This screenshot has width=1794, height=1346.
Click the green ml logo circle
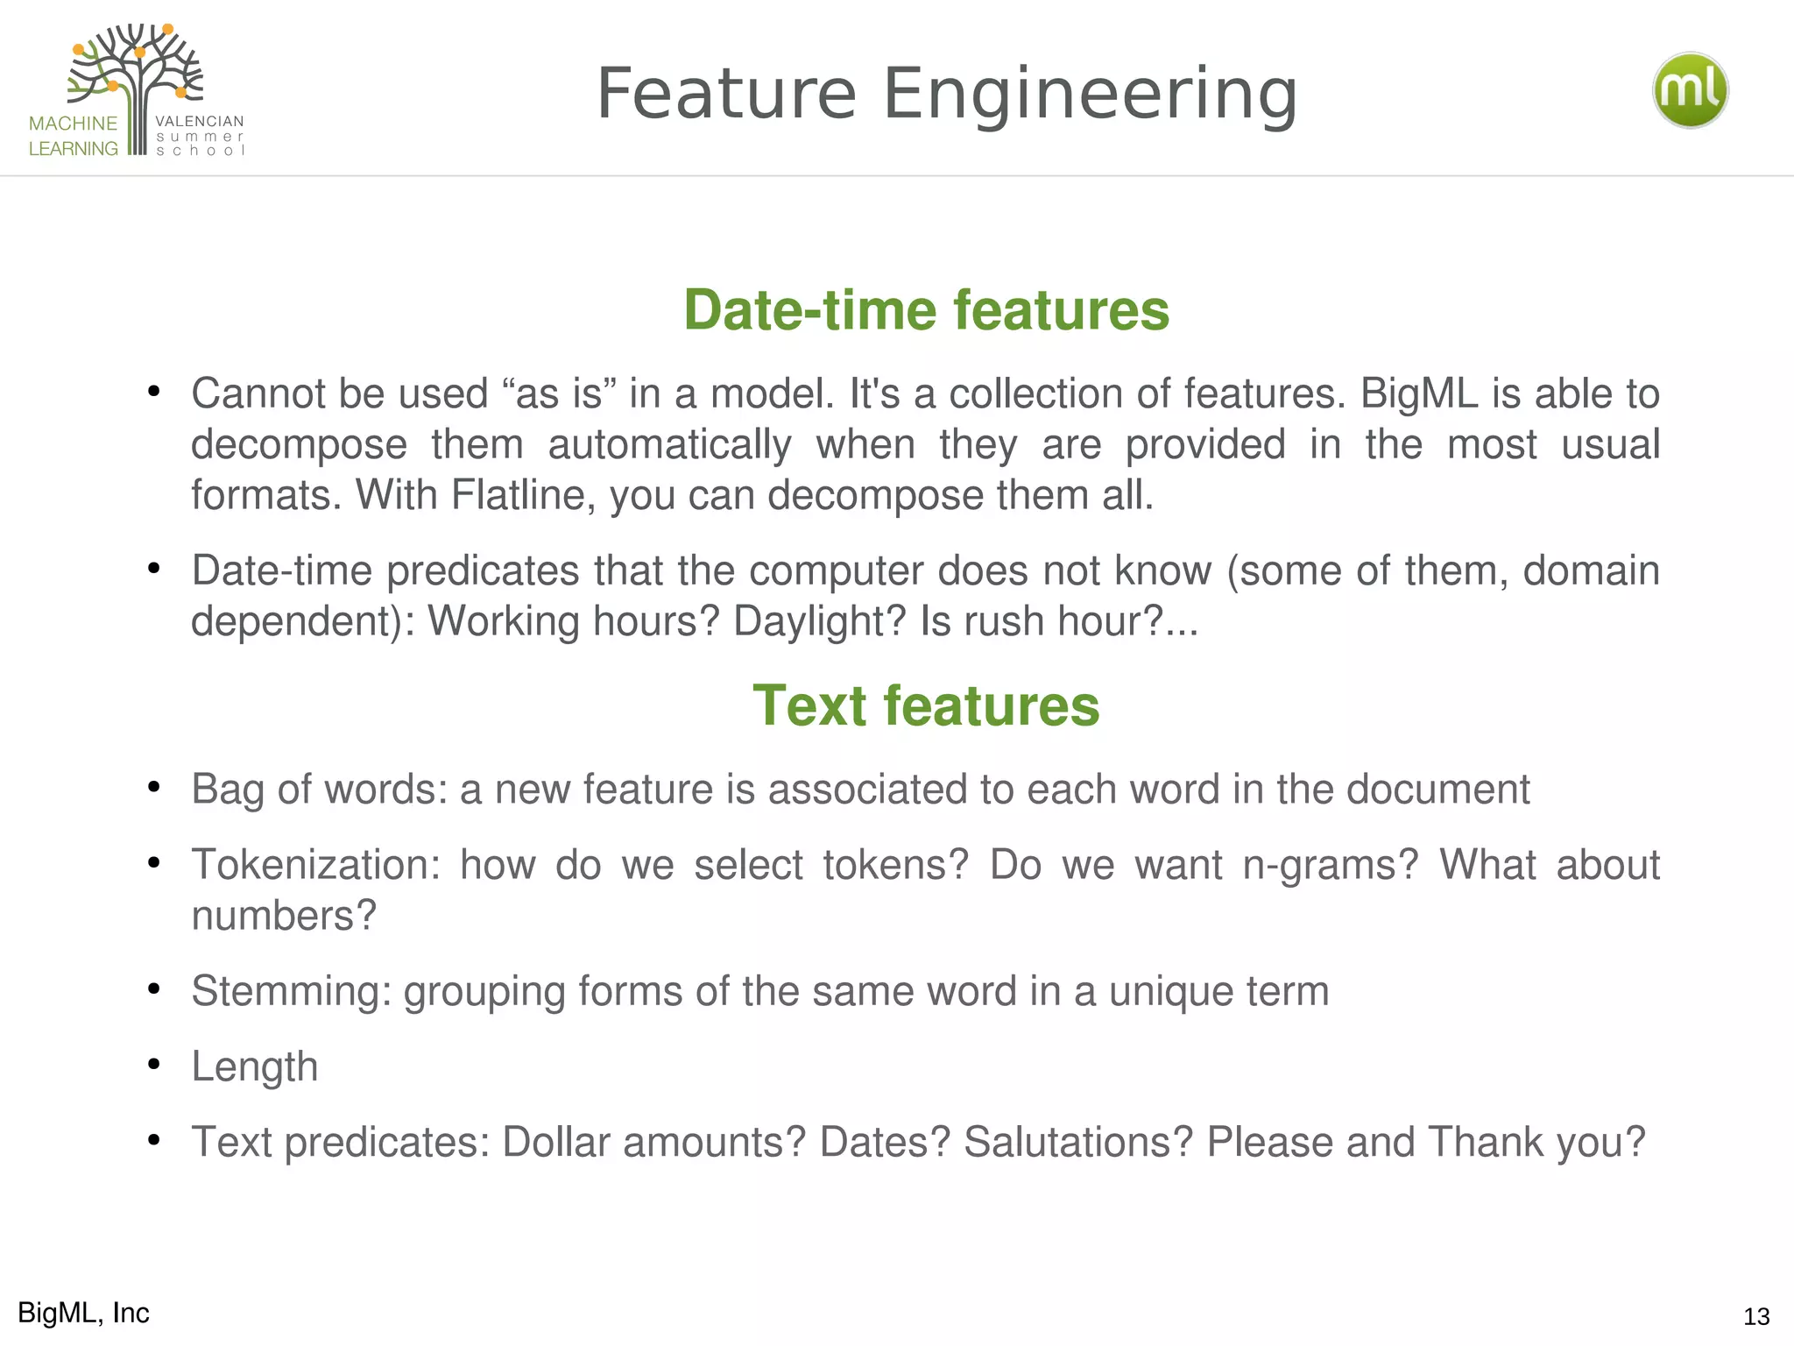pos(1690,90)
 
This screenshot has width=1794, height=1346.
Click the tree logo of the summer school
pos(137,83)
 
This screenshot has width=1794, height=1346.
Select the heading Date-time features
pos(926,310)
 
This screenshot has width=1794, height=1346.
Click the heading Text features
pos(926,705)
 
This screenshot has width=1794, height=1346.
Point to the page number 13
pos(1756,1316)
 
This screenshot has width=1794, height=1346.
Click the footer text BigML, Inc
pos(83,1313)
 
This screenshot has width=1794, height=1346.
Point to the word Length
pos(254,1067)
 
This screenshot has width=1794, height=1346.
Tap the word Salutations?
pos(1078,1142)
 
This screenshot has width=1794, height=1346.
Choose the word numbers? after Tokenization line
pos(284,916)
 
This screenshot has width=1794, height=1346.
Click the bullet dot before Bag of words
pos(154,787)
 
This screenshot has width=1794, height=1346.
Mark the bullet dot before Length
pos(154,1064)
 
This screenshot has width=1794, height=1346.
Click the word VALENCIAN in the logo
pos(200,121)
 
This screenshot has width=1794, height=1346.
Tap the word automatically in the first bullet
pos(669,444)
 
